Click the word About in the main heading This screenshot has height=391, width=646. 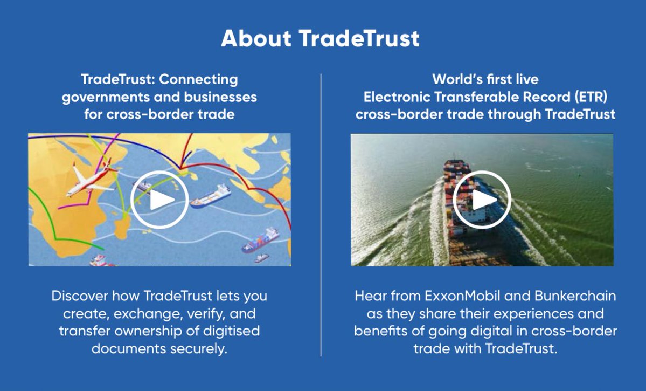pos(255,39)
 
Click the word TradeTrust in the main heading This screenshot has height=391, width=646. pos(359,39)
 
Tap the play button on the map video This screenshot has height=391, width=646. pos(159,200)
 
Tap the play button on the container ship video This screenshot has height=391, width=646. pos(482,200)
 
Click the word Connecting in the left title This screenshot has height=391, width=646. pos(199,80)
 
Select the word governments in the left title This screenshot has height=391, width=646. pos(101,98)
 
